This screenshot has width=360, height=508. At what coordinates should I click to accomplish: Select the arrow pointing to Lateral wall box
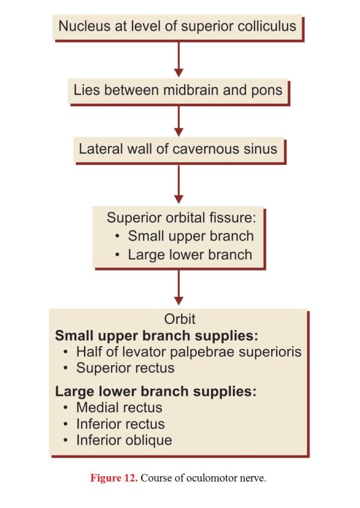[179, 121]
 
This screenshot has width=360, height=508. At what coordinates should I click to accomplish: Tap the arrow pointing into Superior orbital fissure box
[179, 184]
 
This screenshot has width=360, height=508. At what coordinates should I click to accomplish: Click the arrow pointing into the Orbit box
[179, 287]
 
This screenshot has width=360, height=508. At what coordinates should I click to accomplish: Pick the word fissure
[232, 217]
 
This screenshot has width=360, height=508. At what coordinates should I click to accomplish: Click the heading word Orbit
[180, 320]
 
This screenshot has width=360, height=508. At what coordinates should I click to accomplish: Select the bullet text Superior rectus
[125, 368]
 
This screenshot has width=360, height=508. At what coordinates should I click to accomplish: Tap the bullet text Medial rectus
[119, 408]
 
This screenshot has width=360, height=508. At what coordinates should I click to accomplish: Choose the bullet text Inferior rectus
[121, 424]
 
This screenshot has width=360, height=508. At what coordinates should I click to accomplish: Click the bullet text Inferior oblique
[124, 441]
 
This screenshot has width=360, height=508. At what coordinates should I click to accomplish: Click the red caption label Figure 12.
[114, 478]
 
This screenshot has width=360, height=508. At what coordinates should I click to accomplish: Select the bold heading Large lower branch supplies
[156, 392]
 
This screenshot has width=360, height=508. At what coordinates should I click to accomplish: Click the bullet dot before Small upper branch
[118, 236]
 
